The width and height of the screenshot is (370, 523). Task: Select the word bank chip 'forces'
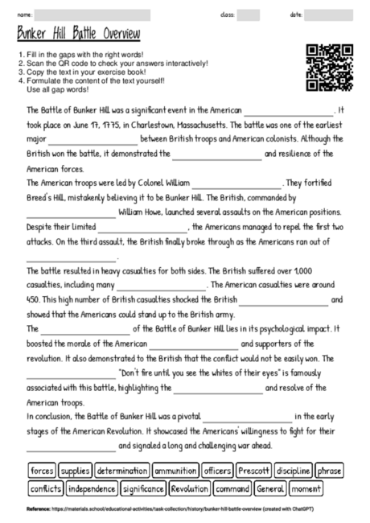[41, 470]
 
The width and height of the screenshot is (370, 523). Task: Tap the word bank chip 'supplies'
[76, 470]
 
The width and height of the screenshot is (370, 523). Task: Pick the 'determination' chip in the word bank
[121, 470]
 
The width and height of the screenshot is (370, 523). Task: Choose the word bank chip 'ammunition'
[175, 470]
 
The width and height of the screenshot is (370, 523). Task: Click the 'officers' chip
[217, 470]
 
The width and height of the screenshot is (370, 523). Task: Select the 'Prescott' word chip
[253, 470]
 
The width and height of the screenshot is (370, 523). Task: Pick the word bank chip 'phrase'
[329, 470]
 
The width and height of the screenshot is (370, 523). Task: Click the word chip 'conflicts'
[45, 488]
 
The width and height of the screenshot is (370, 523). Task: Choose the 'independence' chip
[92, 488]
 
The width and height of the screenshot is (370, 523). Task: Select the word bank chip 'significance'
[144, 488]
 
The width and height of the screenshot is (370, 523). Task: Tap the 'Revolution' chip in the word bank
[190, 488]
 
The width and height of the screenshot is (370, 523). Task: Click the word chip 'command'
[232, 488]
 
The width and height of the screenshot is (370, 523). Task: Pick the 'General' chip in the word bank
[271, 488]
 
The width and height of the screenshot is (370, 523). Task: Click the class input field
[249, 14]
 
